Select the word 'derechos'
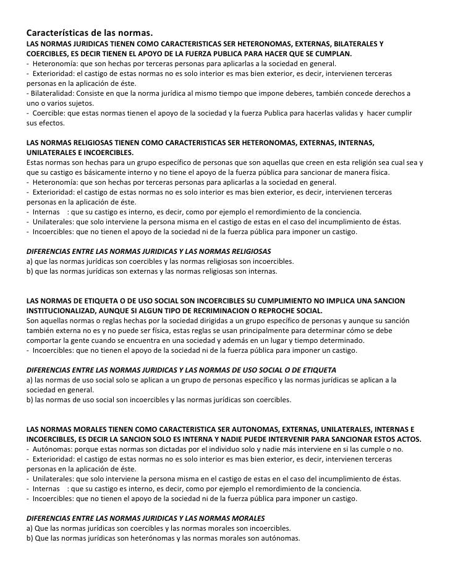coord(385,93)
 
